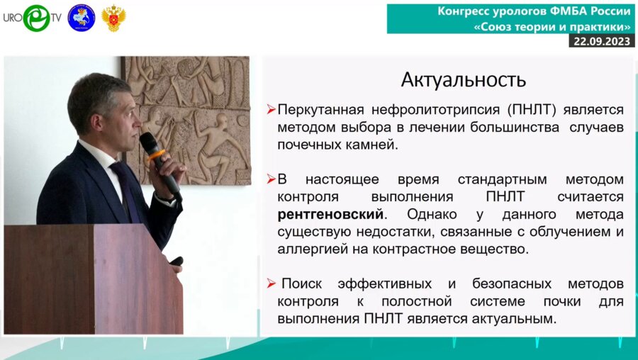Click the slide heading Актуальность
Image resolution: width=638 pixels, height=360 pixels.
click(464, 79)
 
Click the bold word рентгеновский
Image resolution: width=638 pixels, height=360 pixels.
click(330, 213)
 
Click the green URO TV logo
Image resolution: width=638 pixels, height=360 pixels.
click(35, 18)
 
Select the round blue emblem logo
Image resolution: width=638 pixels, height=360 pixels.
click(81, 18)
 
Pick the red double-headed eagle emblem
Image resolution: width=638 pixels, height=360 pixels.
click(113, 18)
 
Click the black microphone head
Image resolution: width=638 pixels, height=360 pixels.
click(150, 145)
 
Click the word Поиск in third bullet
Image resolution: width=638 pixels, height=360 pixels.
click(303, 284)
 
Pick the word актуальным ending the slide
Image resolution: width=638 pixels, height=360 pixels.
click(511, 319)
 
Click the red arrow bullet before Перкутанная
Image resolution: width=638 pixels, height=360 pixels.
click(271, 111)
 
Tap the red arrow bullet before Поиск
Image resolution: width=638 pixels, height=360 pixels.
click(271, 284)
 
